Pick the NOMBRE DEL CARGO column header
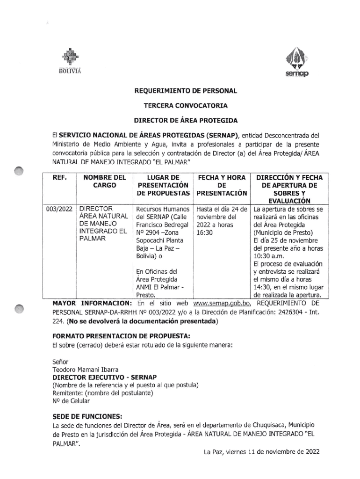(x=104, y=181)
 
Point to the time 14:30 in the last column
(x=263, y=287)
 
